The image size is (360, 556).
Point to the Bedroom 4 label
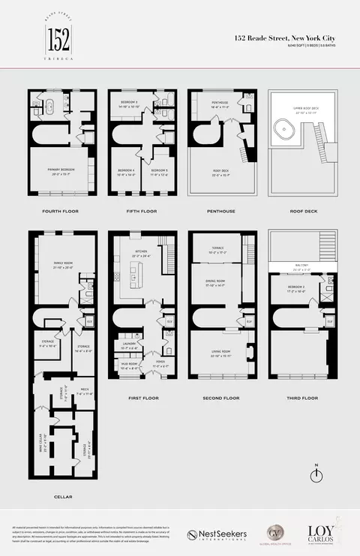(x=125, y=173)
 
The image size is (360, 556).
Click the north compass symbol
(x=317, y=479)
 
